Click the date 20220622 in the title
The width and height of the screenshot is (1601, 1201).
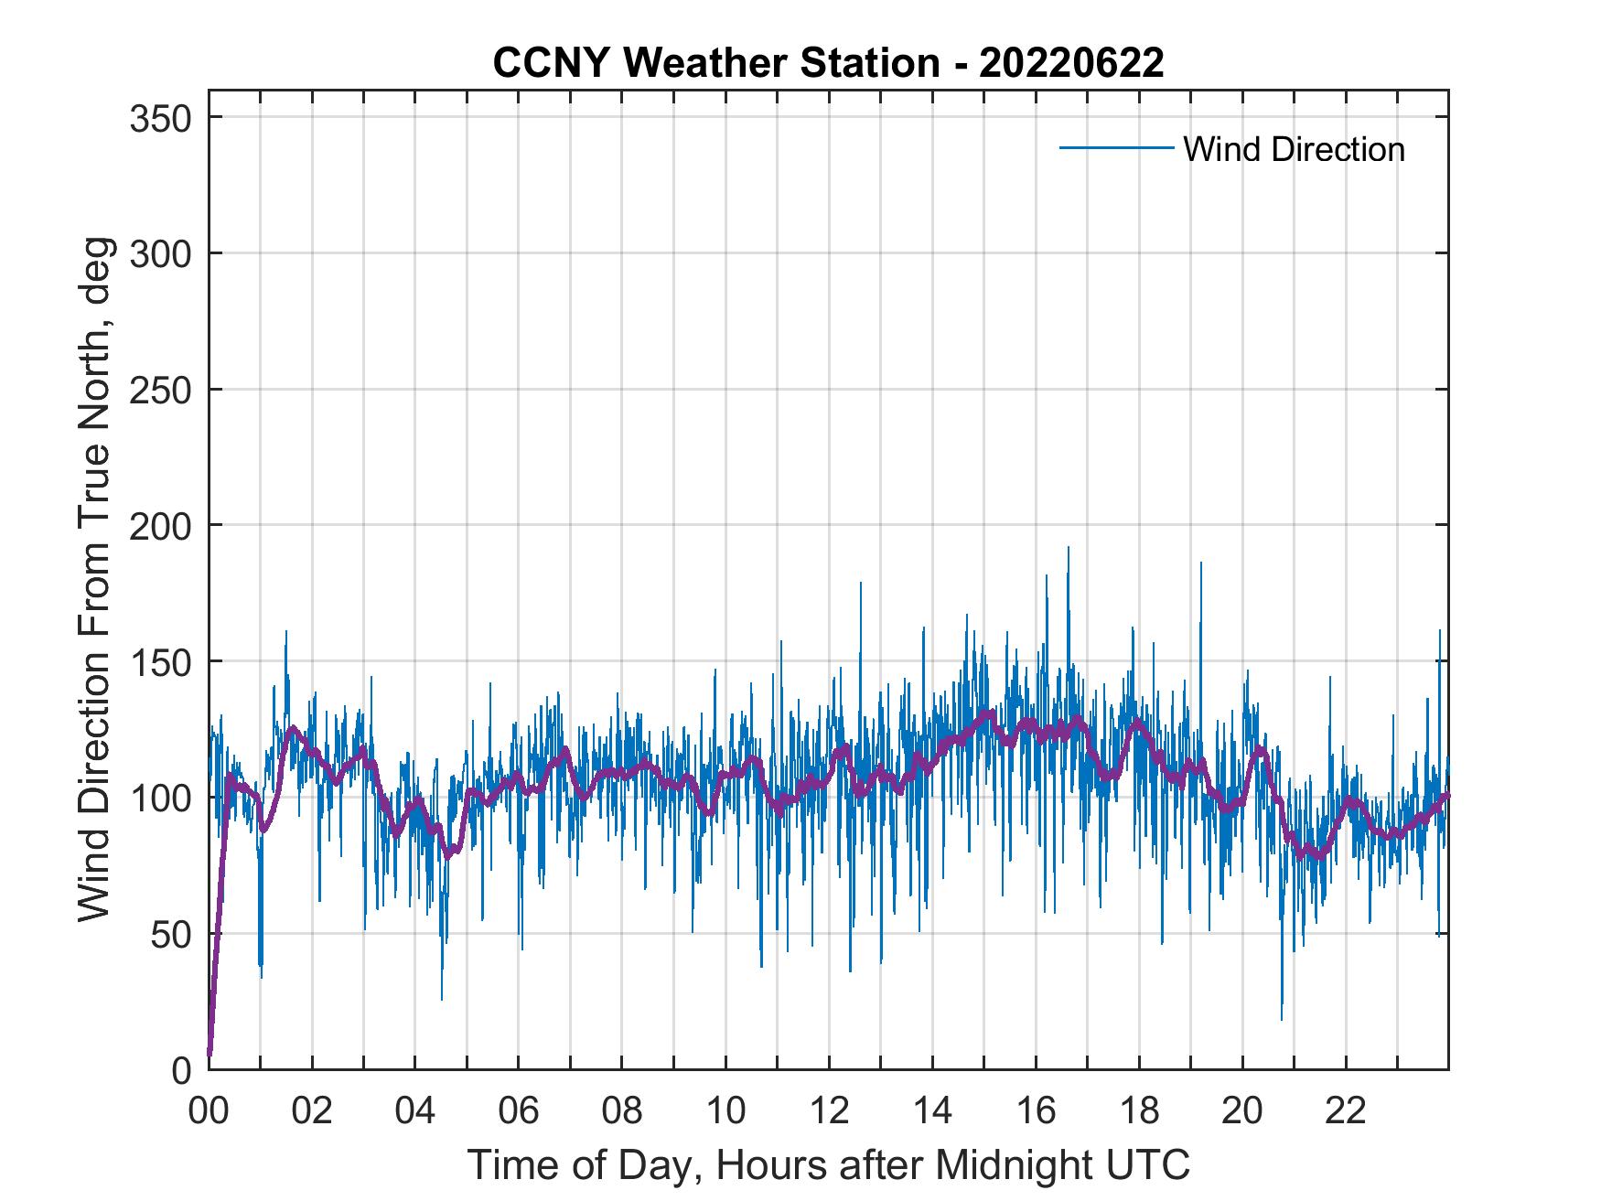tap(1071, 63)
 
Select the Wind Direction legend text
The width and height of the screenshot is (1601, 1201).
tap(1294, 149)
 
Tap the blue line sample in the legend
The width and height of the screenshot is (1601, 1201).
tap(1115, 148)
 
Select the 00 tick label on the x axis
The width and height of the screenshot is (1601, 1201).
tap(209, 1111)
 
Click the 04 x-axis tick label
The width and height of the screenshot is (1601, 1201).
tap(415, 1111)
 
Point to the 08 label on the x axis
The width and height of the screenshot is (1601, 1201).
tap(622, 1111)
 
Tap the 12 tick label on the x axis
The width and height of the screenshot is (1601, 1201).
tap(829, 1111)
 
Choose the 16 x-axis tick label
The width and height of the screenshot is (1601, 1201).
tap(1036, 1111)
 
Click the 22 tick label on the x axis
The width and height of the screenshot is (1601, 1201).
tap(1346, 1111)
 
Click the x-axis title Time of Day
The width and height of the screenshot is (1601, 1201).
tap(829, 1164)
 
